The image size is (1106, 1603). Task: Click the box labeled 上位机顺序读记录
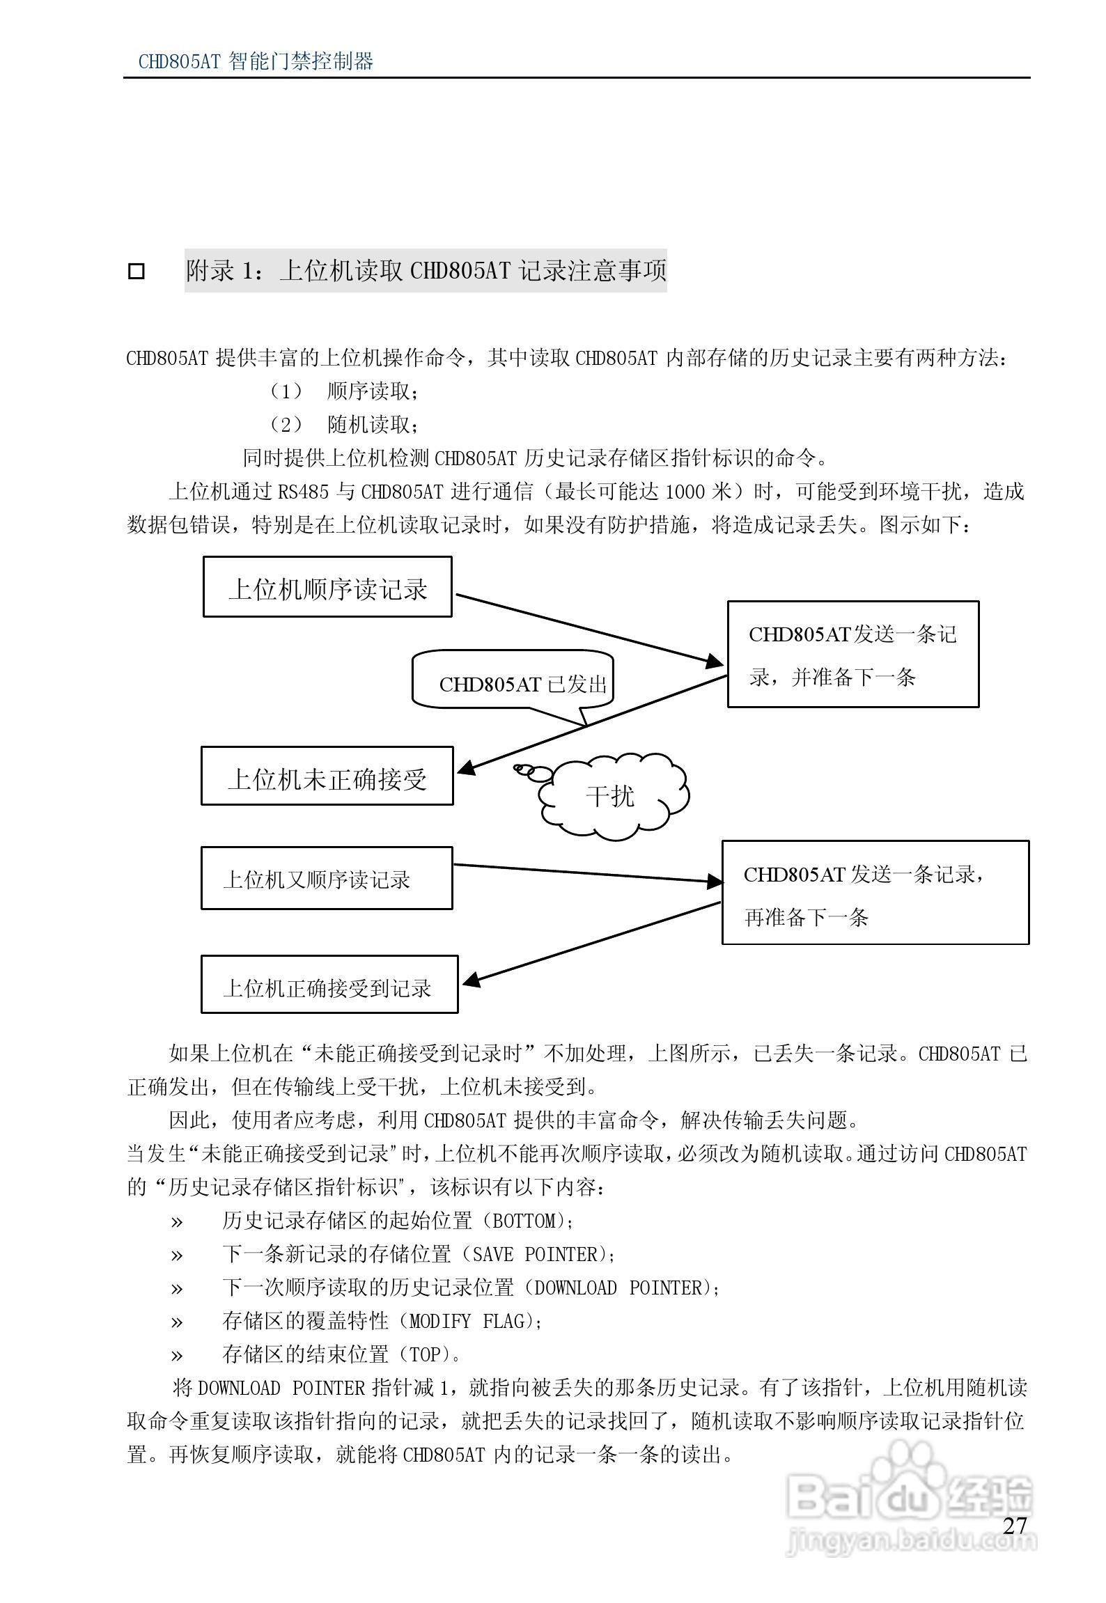click(x=327, y=586)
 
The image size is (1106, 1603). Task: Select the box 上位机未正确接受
click(x=327, y=776)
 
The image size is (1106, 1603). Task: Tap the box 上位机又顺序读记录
click(x=327, y=878)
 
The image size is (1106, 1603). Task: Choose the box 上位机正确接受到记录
click(x=329, y=984)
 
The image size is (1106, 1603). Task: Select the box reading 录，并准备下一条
click(x=853, y=655)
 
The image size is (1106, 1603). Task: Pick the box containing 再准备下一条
click(x=875, y=893)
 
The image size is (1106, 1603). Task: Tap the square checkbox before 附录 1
click(x=137, y=271)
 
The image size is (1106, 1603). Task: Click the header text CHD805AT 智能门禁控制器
click(x=256, y=61)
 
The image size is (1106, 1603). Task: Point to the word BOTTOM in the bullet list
click(x=524, y=1221)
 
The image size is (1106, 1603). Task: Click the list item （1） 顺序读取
click(x=344, y=391)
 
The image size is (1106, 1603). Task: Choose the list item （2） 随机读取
click(x=344, y=424)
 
